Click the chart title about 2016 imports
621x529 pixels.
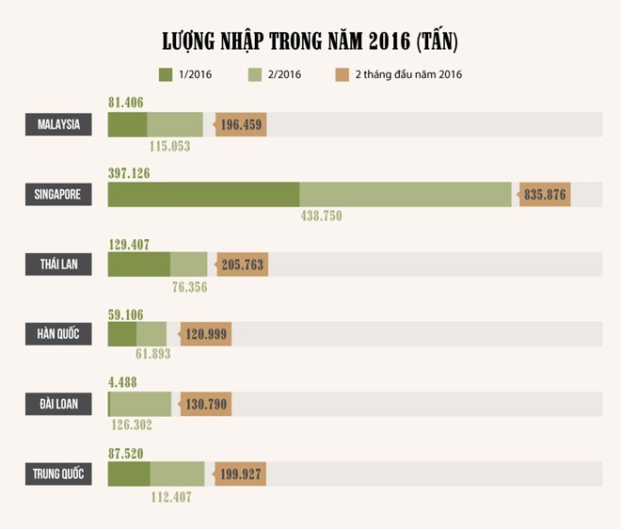(x=310, y=42)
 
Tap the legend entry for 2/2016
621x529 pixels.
(x=273, y=74)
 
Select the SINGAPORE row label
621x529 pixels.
(x=58, y=195)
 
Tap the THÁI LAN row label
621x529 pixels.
(x=58, y=264)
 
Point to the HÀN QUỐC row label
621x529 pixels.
(x=58, y=334)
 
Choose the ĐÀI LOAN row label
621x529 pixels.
(x=58, y=404)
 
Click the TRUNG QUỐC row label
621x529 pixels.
(x=58, y=473)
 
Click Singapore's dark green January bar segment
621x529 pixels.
(x=203, y=195)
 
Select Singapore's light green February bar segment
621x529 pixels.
(x=406, y=195)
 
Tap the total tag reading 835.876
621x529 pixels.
(x=546, y=195)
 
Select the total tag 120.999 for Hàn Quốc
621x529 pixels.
(x=205, y=334)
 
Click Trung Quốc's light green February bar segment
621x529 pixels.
(x=177, y=473)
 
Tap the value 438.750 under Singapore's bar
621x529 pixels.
(x=321, y=216)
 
